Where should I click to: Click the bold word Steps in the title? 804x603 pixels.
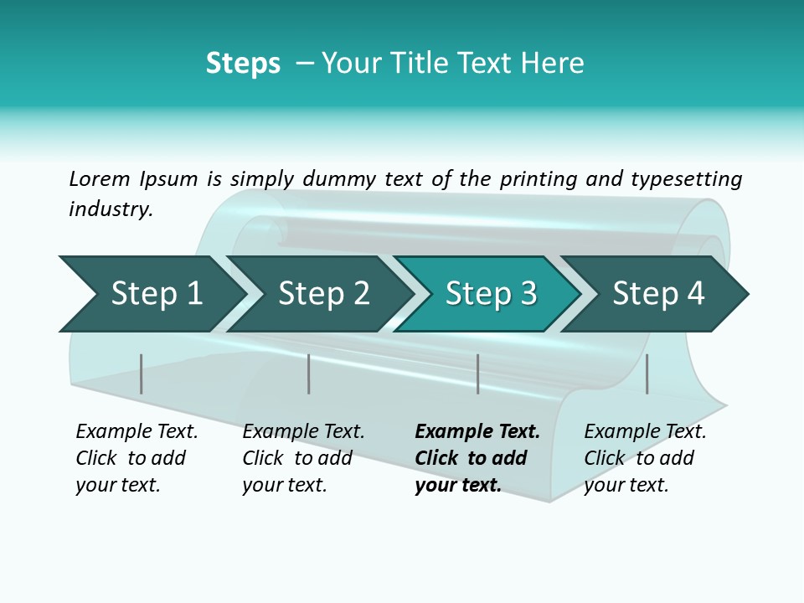(243, 63)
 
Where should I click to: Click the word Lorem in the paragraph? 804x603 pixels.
(100, 178)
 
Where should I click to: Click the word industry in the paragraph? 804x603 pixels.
(110, 209)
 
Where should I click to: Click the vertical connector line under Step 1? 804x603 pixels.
(141, 374)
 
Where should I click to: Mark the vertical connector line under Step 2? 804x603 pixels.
(308, 374)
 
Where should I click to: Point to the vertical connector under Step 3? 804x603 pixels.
(477, 374)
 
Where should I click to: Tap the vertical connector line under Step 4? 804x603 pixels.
(647, 374)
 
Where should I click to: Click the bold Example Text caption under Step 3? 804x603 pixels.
(477, 458)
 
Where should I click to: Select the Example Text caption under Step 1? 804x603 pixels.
(137, 458)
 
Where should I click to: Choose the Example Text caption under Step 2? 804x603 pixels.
(303, 458)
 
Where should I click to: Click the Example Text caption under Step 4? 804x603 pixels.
(645, 458)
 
